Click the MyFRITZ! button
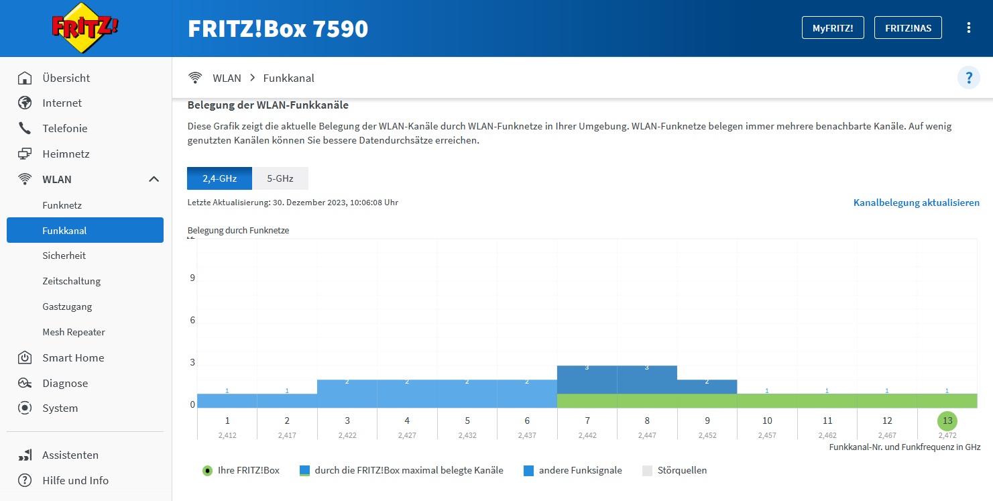click(x=833, y=28)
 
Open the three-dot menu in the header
click(x=968, y=28)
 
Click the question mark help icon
click(x=968, y=78)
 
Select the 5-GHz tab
click(x=280, y=178)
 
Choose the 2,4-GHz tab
click(x=219, y=178)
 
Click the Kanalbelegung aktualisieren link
click(x=916, y=203)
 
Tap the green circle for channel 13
click(x=947, y=421)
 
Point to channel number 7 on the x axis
click(x=587, y=421)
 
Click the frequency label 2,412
click(x=228, y=435)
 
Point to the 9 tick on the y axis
click(x=192, y=278)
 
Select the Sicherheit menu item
click(x=64, y=256)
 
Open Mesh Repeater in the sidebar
click(x=74, y=332)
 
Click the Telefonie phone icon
click(x=25, y=128)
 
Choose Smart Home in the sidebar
click(x=73, y=357)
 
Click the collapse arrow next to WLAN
click(x=154, y=179)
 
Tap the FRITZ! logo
click(x=85, y=28)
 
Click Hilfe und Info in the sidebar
click(x=75, y=480)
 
